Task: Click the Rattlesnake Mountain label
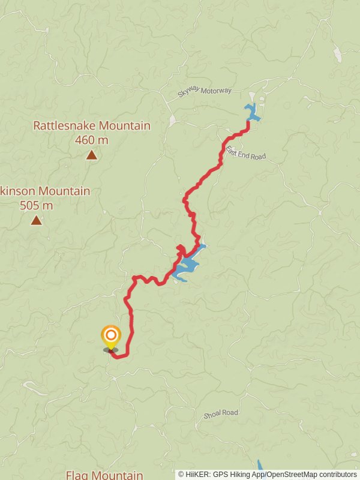(92, 126)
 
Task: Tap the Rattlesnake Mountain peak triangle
(91, 155)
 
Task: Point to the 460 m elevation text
(92, 140)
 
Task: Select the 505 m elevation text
(36, 206)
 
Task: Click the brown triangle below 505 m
(37, 220)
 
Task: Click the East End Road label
(246, 151)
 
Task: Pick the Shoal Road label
(221, 413)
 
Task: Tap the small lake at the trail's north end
(251, 112)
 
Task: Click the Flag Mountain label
(104, 475)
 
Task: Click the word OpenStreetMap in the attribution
(292, 474)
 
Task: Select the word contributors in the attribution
(338, 474)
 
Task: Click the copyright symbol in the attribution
(181, 474)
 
